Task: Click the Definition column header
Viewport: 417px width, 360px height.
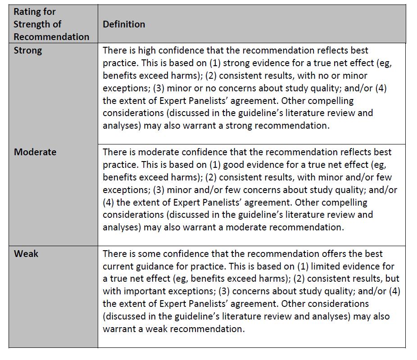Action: pyautogui.click(x=124, y=24)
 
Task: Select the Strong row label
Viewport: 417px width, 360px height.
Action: pyautogui.click(x=28, y=50)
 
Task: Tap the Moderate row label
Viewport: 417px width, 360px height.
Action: pyautogui.click(x=35, y=152)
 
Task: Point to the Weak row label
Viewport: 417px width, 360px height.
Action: pyautogui.click(x=26, y=254)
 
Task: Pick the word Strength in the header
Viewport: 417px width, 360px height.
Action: pyautogui.click(x=33, y=24)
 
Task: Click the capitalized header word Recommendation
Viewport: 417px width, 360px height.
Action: pyautogui.click(x=51, y=37)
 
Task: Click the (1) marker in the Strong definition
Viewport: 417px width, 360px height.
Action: pyautogui.click(x=215, y=63)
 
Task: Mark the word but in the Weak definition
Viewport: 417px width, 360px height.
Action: pyautogui.click(x=392, y=279)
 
